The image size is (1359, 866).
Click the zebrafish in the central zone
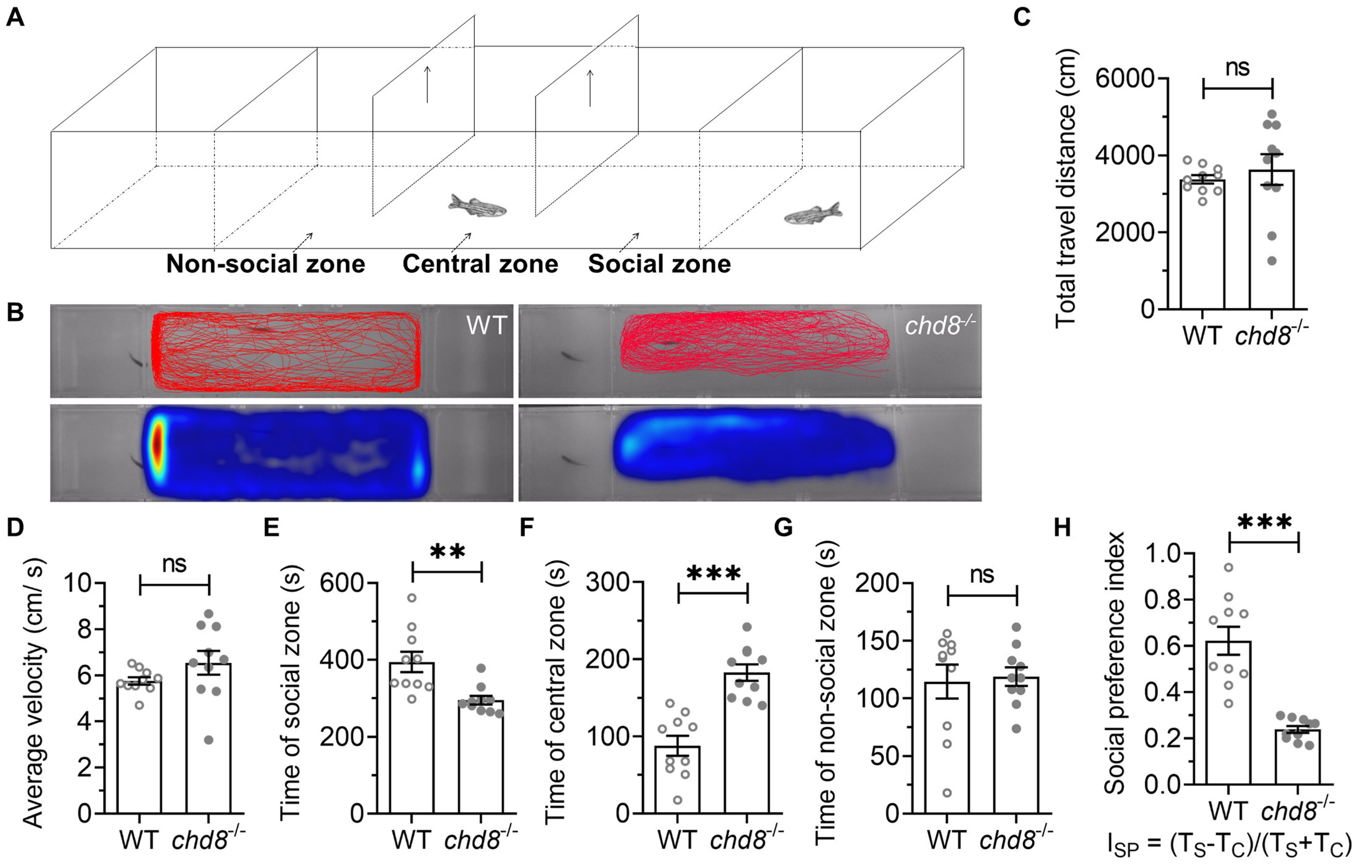(477, 207)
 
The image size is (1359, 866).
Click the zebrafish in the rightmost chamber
(812, 213)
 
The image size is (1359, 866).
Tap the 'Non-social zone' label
(265, 264)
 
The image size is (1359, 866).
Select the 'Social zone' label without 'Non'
(659, 264)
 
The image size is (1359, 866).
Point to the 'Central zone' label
(480, 264)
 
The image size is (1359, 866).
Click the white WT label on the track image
(486, 326)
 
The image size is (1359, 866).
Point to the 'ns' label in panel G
(982, 575)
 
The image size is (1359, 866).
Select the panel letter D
(15, 528)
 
